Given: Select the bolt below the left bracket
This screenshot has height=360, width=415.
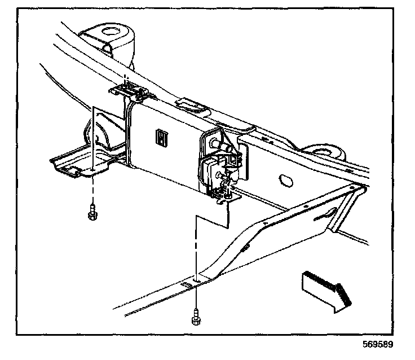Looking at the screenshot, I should pos(91,214).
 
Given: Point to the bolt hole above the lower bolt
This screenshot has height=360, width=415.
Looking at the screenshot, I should pos(196,279).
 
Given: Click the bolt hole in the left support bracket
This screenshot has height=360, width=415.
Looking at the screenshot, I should pos(92,169).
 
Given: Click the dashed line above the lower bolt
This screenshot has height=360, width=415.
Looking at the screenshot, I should pos(195,248).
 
